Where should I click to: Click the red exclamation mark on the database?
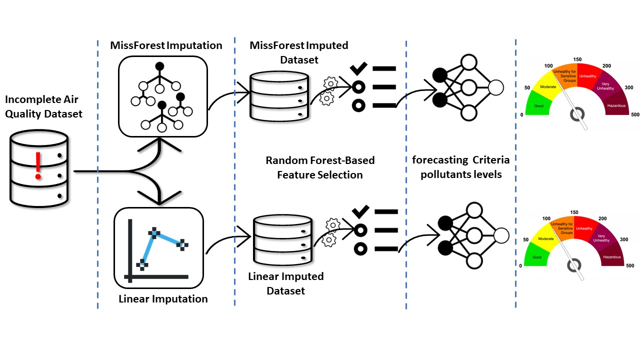coord(38,166)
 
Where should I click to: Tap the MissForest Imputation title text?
coord(166,45)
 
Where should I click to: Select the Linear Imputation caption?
coord(163,299)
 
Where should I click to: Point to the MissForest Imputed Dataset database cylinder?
coord(278,95)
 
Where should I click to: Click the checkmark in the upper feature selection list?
coord(358,68)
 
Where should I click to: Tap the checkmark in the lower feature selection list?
coord(359,211)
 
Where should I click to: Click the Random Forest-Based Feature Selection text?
coord(320,168)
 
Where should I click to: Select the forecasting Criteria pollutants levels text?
coord(460,168)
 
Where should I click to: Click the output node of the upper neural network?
coord(495,87)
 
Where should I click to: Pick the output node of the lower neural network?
coord(500,234)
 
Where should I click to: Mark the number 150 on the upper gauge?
coord(577,59)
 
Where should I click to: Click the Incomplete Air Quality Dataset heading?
coord(43,106)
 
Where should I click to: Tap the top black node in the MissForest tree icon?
coord(159,66)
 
